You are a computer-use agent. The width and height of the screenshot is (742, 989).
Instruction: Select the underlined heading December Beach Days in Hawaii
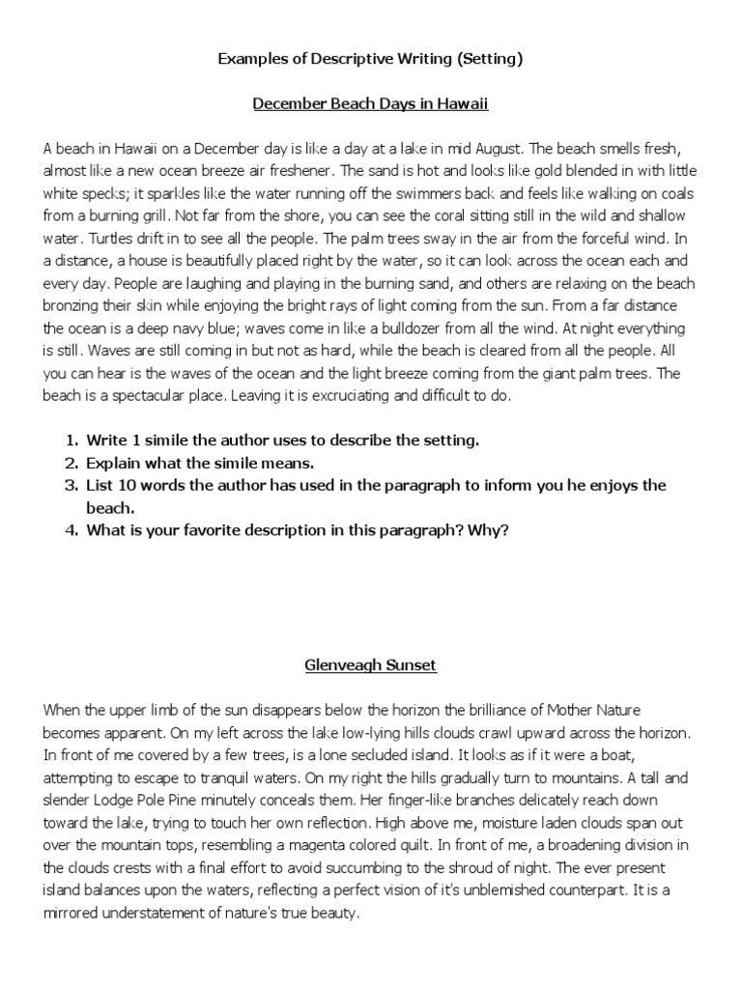pyautogui.click(x=370, y=102)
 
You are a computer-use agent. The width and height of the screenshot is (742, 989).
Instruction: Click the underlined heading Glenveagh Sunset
pyautogui.click(x=370, y=665)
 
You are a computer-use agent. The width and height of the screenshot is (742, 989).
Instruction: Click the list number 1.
pyautogui.click(x=71, y=440)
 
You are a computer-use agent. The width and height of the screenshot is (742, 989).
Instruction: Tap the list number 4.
pyautogui.click(x=71, y=529)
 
